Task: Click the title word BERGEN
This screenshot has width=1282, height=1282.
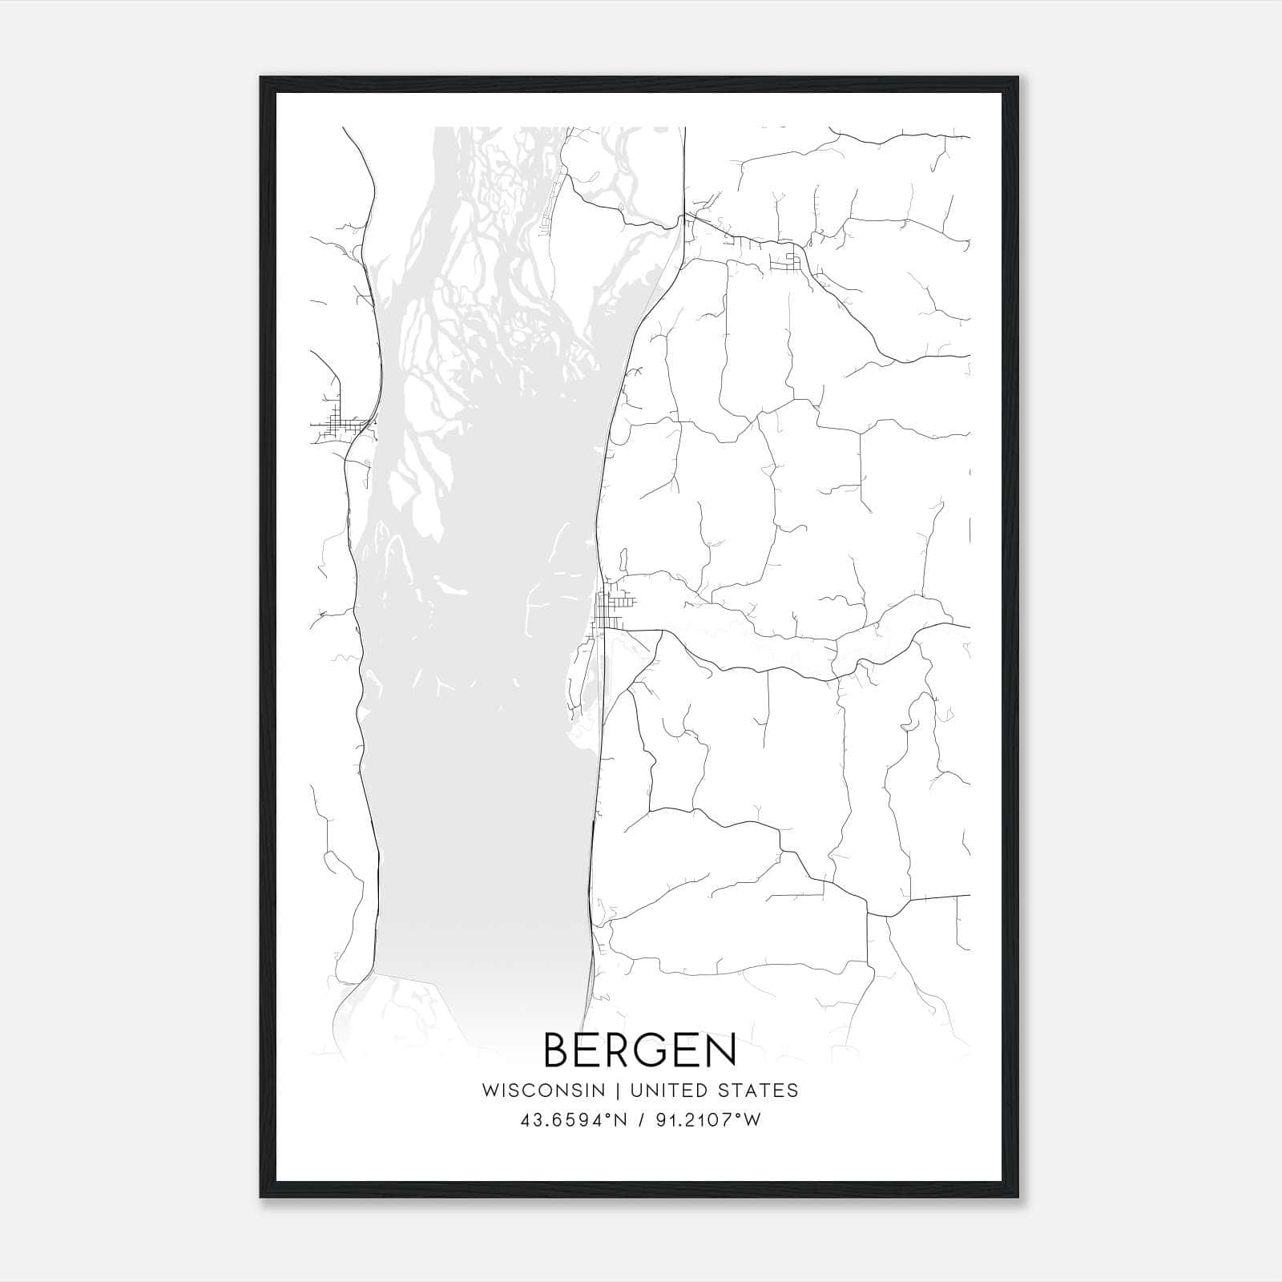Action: [640, 1050]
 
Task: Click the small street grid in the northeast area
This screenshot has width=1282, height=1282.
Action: [786, 260]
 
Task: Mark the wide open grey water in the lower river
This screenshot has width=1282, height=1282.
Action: [481, 801]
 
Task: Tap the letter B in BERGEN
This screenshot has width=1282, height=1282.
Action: [558, 1050]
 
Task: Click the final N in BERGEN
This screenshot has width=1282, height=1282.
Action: [720, 1050]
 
